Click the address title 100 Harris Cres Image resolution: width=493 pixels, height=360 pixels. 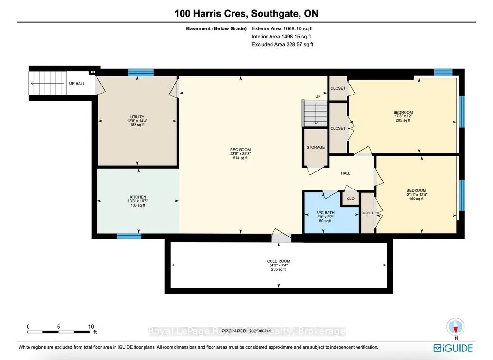[246, 13]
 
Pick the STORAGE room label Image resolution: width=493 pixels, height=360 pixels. [316, 147]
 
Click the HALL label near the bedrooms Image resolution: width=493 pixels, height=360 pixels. [346, 173]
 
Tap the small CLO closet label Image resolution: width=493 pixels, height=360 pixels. [350, 199]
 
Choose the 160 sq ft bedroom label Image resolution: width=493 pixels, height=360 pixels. [416, 195]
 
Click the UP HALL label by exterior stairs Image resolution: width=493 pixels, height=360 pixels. [77, 84]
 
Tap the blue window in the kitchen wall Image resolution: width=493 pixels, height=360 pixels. [129, 236]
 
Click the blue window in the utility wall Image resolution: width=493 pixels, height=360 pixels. [141, 73]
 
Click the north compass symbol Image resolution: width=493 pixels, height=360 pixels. [455, 327]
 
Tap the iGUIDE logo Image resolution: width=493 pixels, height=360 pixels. [453, 348]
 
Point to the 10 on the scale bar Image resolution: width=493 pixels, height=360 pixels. [91, 327]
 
